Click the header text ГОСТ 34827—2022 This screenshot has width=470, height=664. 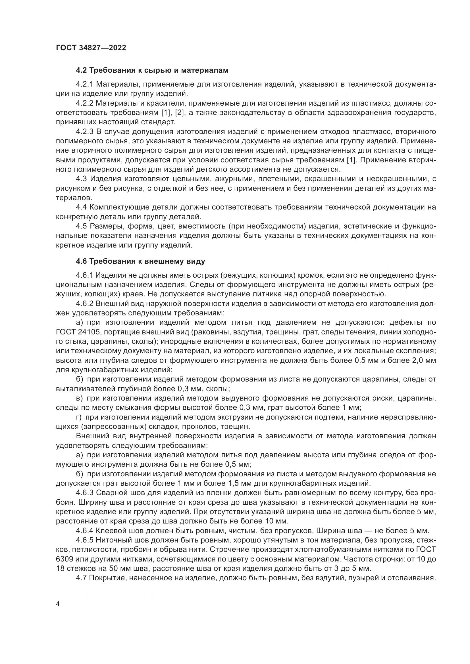91,48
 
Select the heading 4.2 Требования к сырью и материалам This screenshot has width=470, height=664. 152,70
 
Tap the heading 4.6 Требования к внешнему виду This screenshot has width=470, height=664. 140,261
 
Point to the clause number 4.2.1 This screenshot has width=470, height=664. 84,84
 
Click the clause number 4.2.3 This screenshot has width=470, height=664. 84,132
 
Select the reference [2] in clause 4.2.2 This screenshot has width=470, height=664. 180,113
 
